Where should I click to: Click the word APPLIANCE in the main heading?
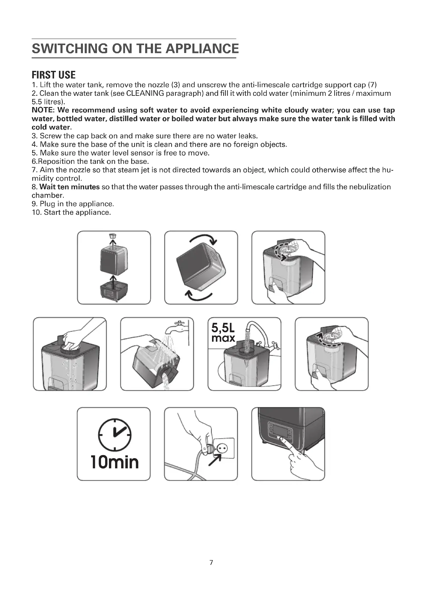[x=202, y=49]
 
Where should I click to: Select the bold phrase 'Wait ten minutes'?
[x=70, y=187]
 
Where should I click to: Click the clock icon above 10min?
[x=115, y=434]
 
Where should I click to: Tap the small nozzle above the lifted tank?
[x=113, y=236]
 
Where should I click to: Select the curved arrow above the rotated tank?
[x=203, y=239]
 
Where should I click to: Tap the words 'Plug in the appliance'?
[x=77, y=204]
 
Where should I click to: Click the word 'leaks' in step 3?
[x=249, y=136]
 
